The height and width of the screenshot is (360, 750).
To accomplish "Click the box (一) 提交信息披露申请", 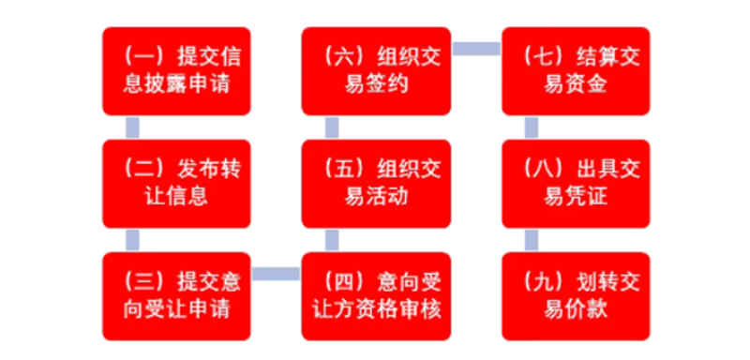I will [x=177, y=71].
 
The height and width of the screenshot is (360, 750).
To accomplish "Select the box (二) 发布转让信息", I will [x=177, y=184].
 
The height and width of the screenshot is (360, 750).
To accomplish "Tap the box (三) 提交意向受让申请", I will [x=177, y=295].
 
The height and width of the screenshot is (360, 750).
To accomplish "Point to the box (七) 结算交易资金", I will [x=576, y=71].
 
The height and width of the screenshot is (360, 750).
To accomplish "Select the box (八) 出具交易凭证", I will [x=576, y=184].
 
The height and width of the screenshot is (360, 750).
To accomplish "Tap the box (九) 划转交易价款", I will [x=576, y=295].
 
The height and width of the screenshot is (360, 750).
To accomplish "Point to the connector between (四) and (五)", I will [x=332, y=240].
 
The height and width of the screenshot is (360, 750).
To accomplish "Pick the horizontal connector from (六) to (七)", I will [x=476, y=48].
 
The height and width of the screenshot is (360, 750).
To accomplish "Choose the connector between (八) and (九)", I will [x=532, y=240].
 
